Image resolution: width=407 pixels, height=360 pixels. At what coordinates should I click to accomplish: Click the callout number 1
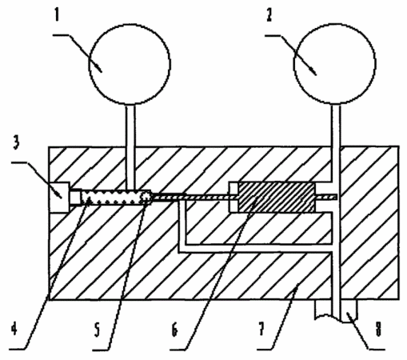click(x=57, y=15)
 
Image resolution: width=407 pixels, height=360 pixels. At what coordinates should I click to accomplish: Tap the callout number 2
click(x=269, y=15)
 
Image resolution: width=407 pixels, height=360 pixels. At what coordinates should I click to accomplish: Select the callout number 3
click(x=16, y=142)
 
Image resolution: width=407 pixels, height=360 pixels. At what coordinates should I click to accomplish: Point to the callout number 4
click(x=14, y=328)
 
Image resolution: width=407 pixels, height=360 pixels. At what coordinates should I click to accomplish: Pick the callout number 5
click(x=97, y=330)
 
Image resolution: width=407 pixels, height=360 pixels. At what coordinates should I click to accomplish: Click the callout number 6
click(x=174, y=330)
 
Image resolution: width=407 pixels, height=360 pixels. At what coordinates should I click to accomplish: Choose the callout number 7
click(x=261, y=329)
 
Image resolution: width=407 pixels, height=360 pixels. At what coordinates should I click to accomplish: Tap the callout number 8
click(x=378, y=329)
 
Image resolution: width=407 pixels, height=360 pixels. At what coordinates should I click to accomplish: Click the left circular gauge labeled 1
click(x=130, y=64)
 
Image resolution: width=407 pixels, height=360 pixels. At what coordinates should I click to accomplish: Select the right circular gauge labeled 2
click(x=335, y=63)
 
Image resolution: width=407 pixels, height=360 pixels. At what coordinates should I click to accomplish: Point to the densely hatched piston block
click(x=277, y=197)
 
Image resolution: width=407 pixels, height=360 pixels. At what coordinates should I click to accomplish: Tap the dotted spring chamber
click(x=117, y=198)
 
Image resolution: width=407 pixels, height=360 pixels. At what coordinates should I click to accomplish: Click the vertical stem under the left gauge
click(x=130, y=147)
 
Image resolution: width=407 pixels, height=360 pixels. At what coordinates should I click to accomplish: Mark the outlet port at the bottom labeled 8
click(x=337, y=310)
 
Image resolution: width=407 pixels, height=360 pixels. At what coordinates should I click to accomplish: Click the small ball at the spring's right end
click(x=146, y=198)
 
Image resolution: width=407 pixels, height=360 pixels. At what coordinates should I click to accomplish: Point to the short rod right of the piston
click(x=325, y=197)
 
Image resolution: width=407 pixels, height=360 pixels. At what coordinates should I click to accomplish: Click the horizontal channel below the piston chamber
click(x=256, y=248)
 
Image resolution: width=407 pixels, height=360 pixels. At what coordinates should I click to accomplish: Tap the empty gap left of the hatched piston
click(x=233, y=198)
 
